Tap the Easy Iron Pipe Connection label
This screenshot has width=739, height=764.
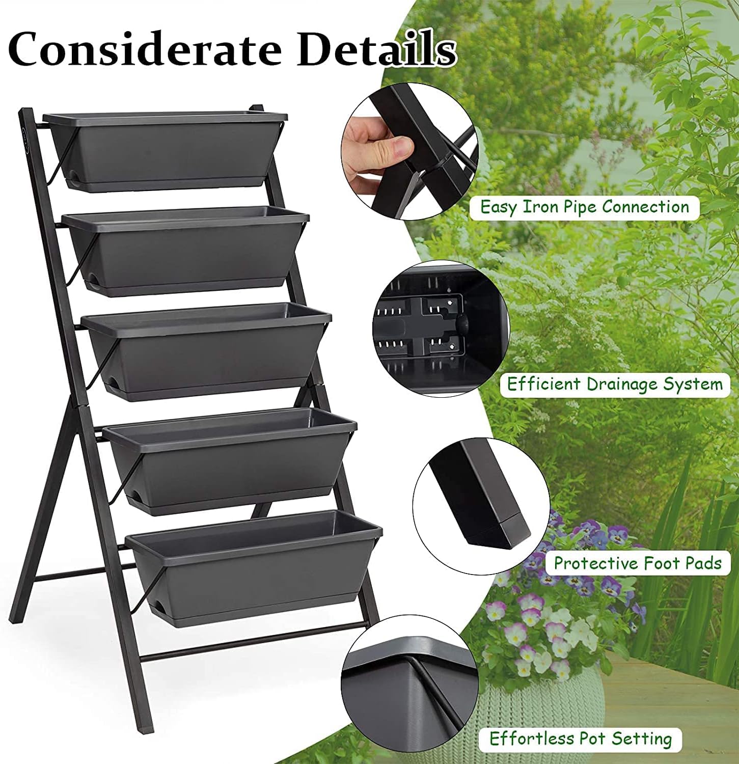(x=584, y=207)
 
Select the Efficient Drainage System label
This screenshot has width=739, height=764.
(x=615, y=384)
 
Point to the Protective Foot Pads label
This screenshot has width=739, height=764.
(x=637, y=563)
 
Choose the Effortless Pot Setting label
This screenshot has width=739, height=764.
(x=581, y=739)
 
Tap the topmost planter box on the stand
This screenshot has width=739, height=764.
(x=166, y=150)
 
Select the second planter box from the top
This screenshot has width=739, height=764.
(x=186, y=250)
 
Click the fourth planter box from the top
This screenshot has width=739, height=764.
(x=229, y=458)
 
